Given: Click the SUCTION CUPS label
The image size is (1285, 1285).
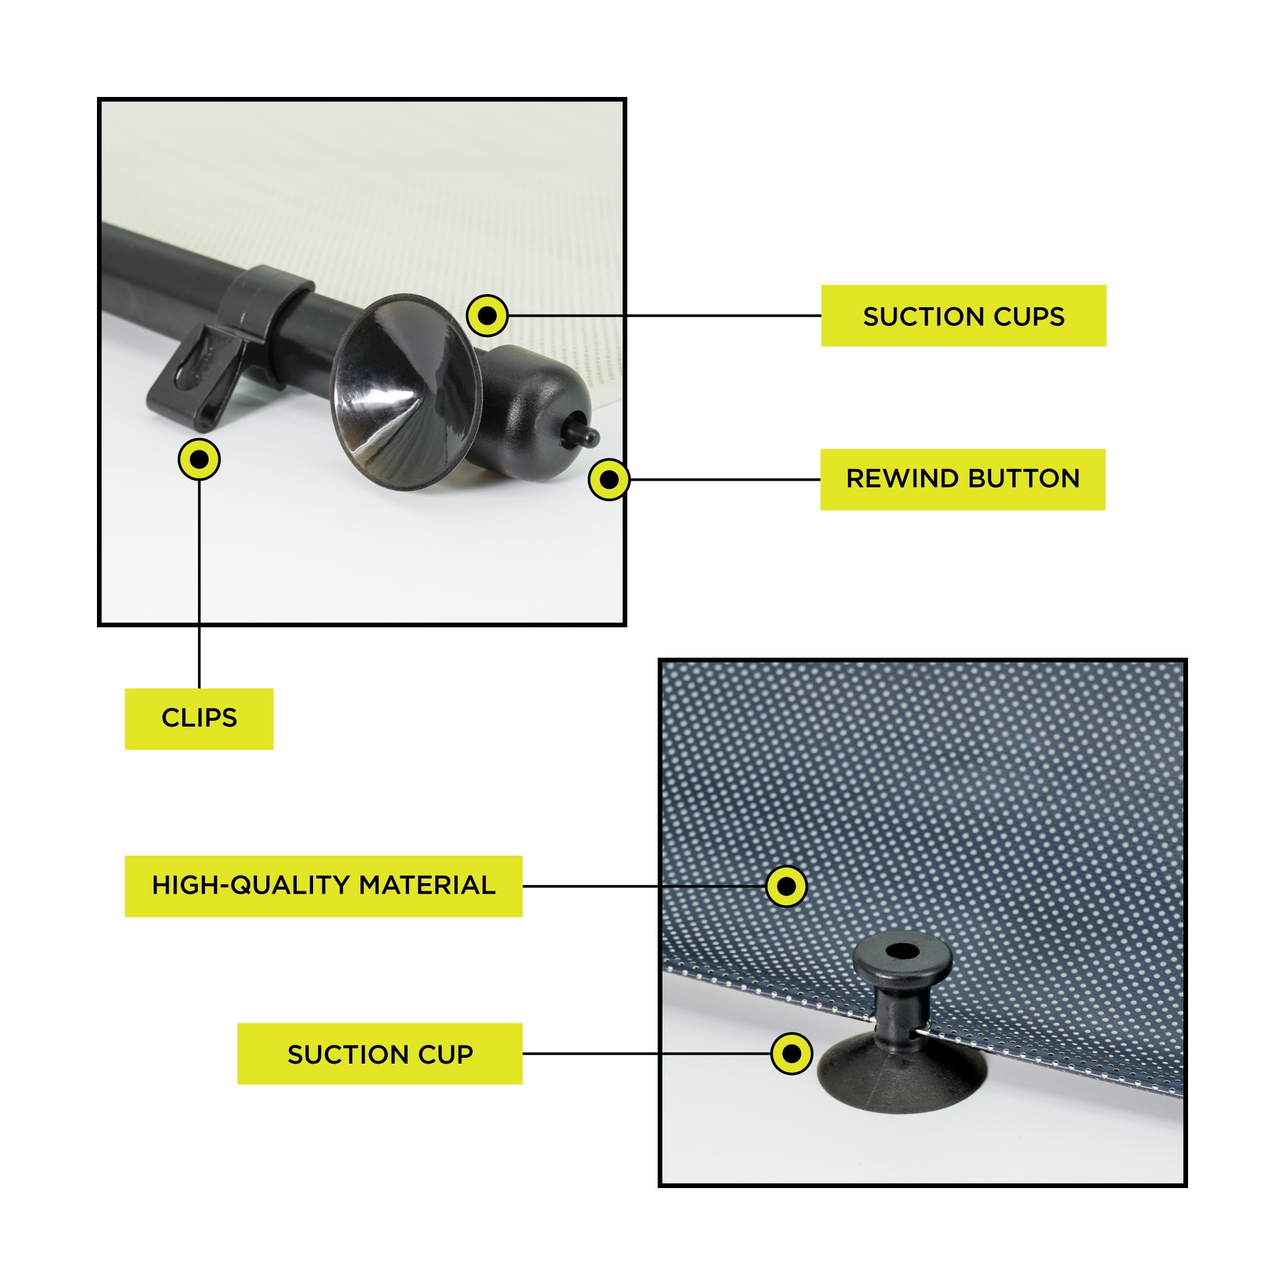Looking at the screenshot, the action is coord(964,316).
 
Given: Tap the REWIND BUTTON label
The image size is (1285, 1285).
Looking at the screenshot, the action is coord(963,480).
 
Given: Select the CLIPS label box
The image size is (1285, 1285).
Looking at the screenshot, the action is coord(200,719).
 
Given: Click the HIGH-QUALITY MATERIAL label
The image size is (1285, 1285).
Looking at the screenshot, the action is coord(324,887).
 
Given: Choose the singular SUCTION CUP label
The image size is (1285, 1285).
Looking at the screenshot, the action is coord(380,1054).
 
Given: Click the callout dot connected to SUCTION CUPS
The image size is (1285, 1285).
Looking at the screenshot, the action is coord(488,315).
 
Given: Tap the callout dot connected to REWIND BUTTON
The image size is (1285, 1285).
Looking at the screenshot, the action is coord(609,480).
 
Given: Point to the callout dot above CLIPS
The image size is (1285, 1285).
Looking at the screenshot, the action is coord(200,460).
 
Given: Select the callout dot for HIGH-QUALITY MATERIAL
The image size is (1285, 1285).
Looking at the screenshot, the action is coord(787,886).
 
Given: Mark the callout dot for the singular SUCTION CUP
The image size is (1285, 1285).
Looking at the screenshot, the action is coord(791,1054).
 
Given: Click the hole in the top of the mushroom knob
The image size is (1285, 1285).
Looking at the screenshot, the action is coord(902,951).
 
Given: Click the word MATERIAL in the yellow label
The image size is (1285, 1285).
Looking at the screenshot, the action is coord(428,886).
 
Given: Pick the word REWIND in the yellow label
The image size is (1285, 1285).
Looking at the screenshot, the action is coord(902,479).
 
